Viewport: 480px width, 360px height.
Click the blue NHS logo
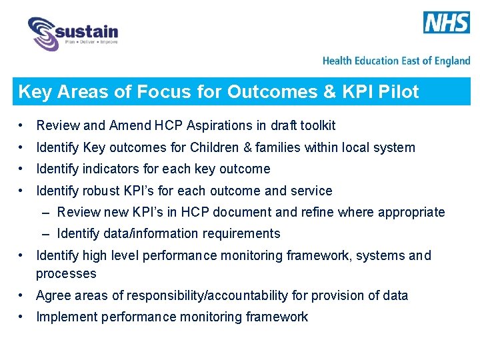click(447, 23)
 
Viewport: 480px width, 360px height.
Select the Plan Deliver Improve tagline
click(91, 42)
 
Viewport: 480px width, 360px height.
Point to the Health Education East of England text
click(396, 61)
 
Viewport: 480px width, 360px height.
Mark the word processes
click(66, 274)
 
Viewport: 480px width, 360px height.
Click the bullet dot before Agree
click(23, 295)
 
